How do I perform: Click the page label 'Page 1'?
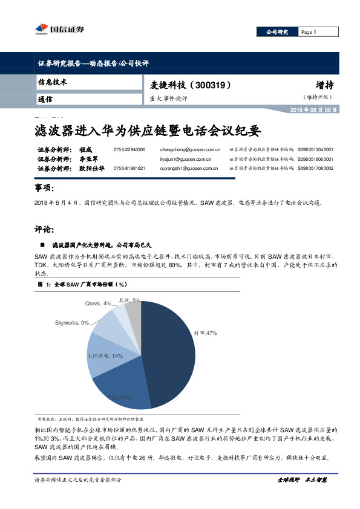pos(309,32)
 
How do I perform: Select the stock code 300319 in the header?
pos(210,85)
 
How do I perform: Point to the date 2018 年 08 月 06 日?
pos(314,109)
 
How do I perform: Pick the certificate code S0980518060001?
pos(315,158)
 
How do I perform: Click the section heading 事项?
pos(47,189)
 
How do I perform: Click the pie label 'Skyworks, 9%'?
pos(71,323)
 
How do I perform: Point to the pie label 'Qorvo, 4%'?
pos(97,303)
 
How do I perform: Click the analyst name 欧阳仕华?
pos(93,169)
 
